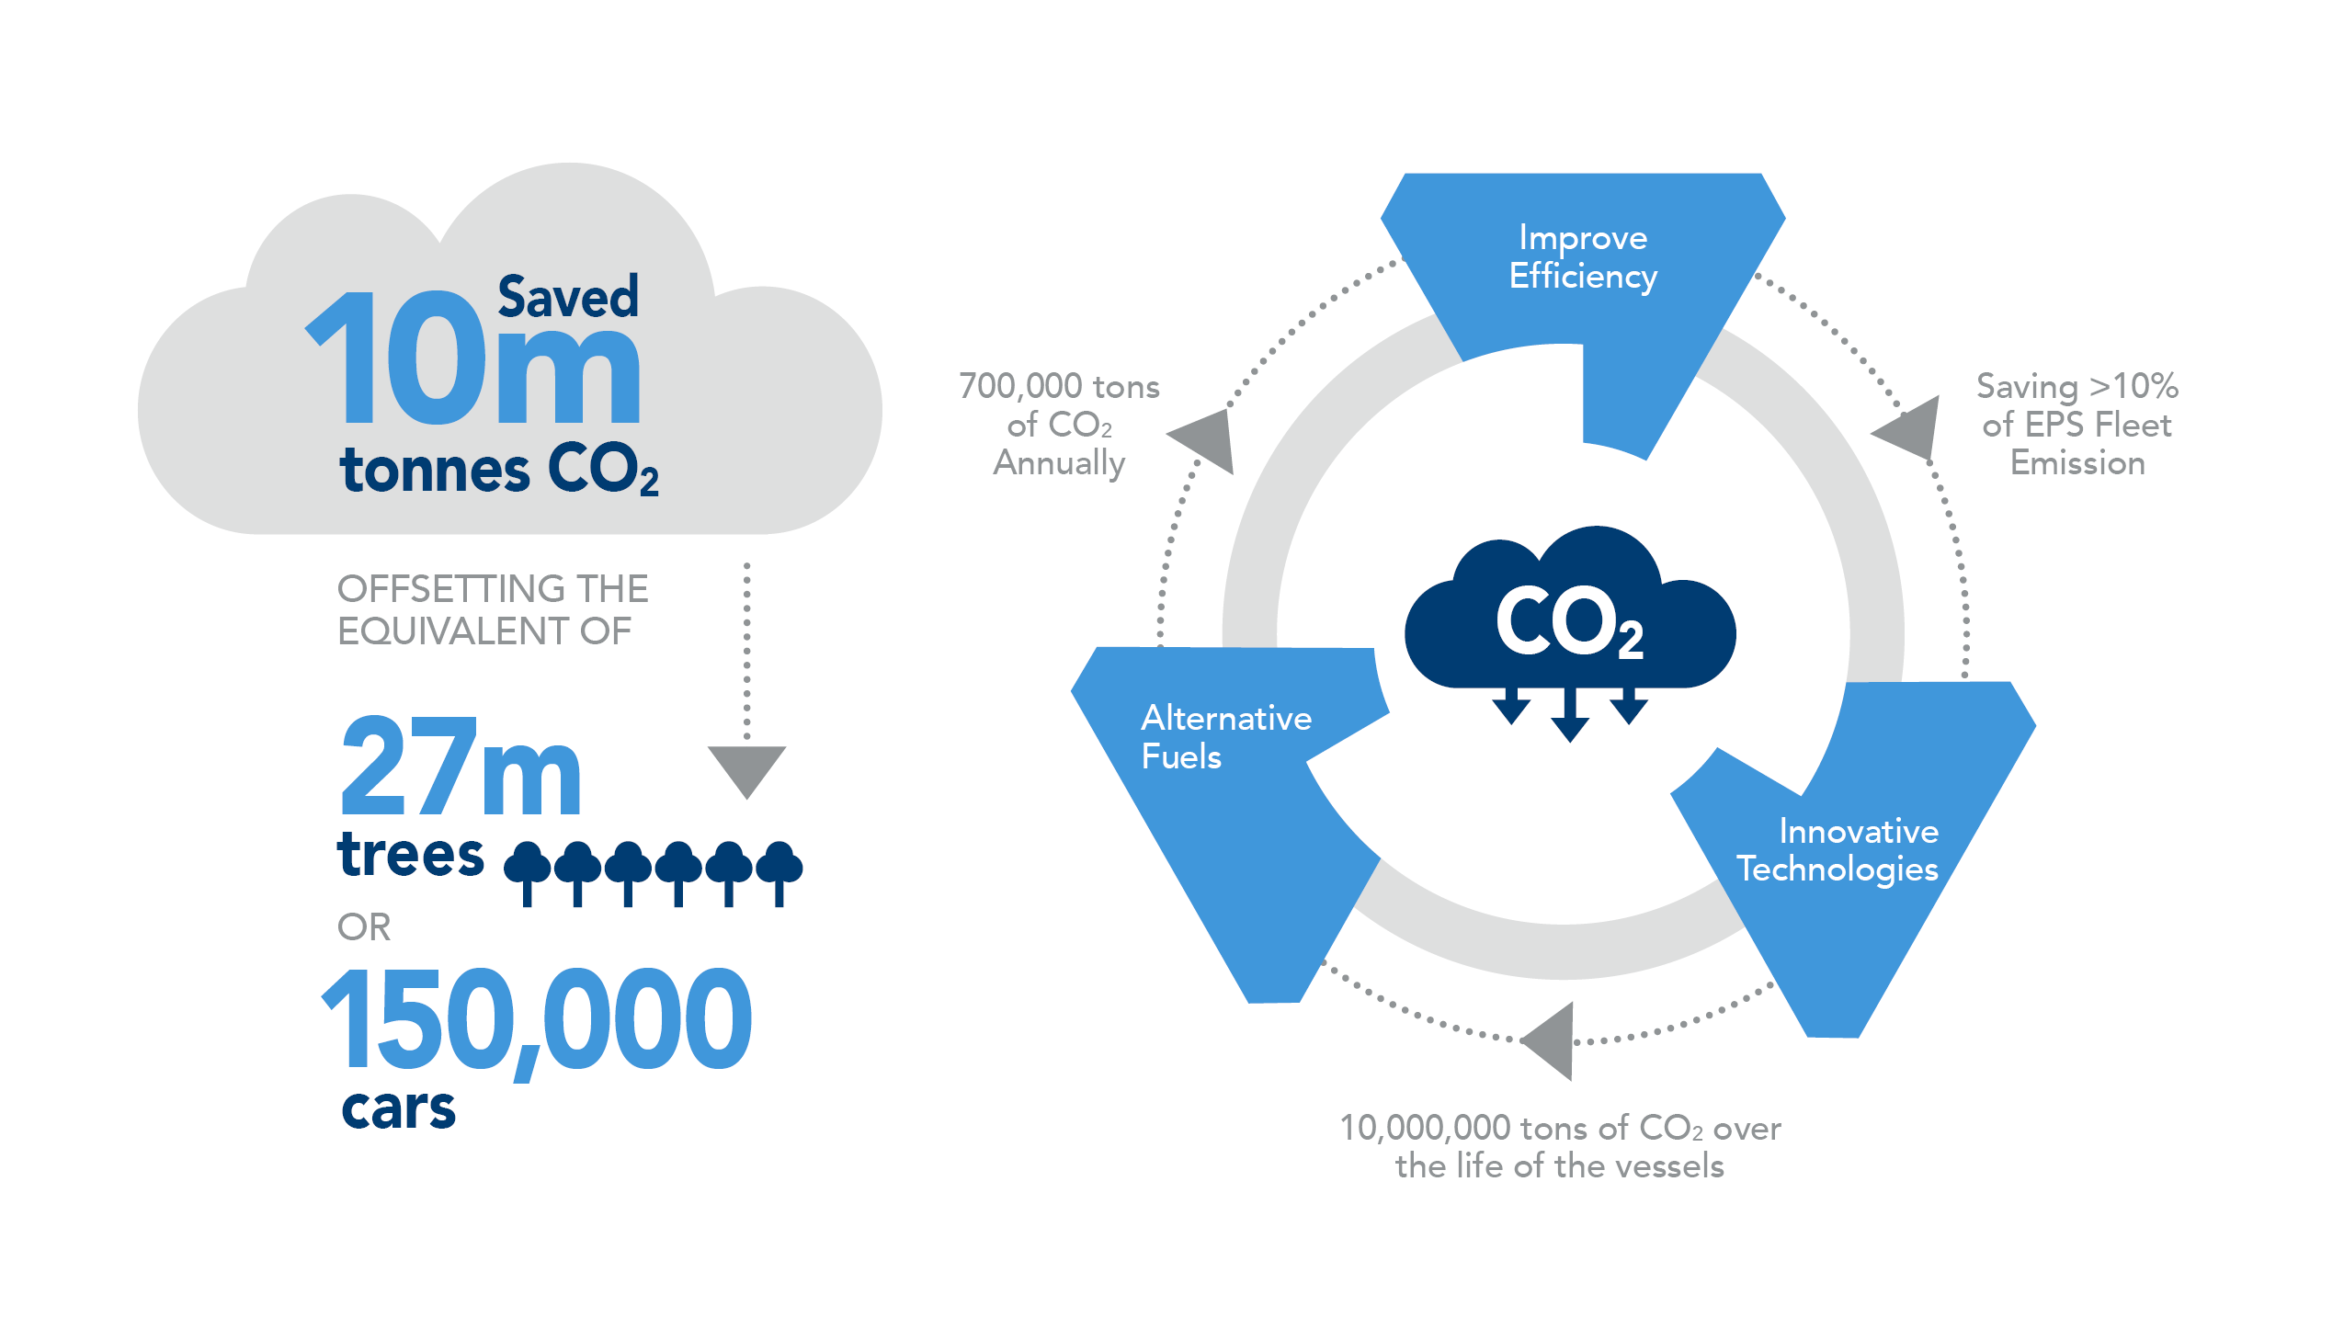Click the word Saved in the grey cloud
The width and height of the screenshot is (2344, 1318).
point(568,297)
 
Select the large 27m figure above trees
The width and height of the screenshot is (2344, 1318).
point(461,767)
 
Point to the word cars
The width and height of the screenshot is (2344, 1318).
point(398,1108)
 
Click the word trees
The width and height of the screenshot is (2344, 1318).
point(410,854)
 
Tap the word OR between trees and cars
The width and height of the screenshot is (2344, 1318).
point(364,926)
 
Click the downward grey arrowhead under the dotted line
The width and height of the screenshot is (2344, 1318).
point(747,770)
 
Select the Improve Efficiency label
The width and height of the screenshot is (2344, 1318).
point(1583,257)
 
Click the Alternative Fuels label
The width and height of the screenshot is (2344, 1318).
point(1226,737)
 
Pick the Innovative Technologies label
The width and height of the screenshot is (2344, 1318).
point(1838,851)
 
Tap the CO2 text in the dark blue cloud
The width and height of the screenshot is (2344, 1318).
point(1569,622)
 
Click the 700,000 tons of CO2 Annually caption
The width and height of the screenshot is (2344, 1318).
point(1059,425)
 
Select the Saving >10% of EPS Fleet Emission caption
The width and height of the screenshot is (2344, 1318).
point(2077,425)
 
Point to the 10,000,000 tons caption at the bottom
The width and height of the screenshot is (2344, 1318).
point(1560,1146)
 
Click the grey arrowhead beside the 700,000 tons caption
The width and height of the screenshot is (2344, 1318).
point(1205,439)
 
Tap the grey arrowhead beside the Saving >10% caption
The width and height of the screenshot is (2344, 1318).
point(1909,427)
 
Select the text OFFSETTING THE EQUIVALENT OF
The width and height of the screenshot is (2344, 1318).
point(493,609)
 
